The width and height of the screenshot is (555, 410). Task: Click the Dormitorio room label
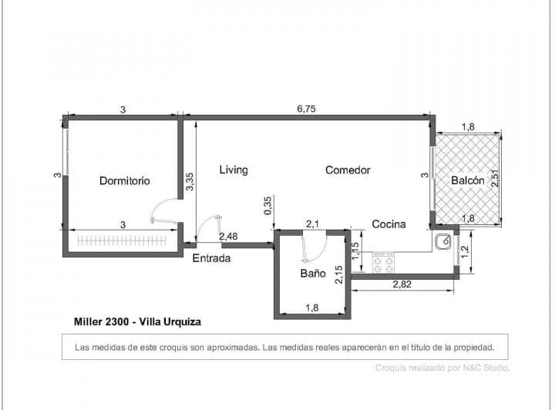[x=124, y=181]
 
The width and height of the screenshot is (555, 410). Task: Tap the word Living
[x=233, y=170]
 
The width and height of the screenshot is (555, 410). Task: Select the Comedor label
[x=348, y=170]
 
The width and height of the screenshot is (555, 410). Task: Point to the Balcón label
[x=467, y=180]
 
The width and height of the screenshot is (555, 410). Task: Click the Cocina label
[x=388, y=224]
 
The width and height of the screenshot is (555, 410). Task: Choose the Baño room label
[x=312, y=274]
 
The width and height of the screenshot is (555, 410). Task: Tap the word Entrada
[x=211, y=258]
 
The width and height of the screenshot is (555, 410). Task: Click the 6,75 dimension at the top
[x=306, y=109]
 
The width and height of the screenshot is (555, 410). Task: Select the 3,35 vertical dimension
[x=190, y=182]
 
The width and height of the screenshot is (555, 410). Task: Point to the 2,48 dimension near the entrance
[x=228, y=236]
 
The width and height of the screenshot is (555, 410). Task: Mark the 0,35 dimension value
[x=267, y=205]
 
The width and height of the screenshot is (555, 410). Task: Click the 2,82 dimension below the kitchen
[x=402, y=284]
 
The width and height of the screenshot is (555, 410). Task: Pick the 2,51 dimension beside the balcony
[x=496, y=178]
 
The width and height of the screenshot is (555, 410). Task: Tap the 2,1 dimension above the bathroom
[x=313, y=223]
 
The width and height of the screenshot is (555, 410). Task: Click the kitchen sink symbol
[x=443, y=242]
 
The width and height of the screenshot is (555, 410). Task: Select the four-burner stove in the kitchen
[x=383, y=264]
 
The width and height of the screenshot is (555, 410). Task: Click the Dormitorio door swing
[x=163, y=211]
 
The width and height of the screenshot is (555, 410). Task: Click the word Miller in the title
[x=89, y=321]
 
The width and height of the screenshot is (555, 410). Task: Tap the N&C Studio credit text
[x=475, y=368]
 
